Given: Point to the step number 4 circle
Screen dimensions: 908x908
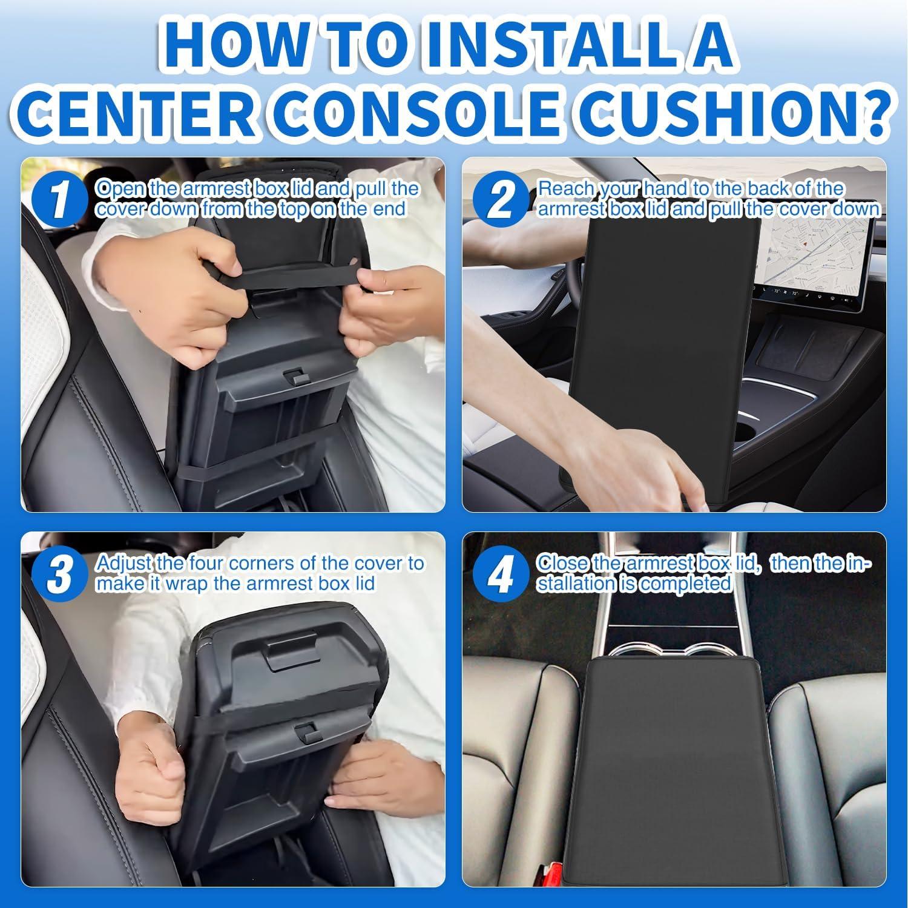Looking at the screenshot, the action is point(500,576).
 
